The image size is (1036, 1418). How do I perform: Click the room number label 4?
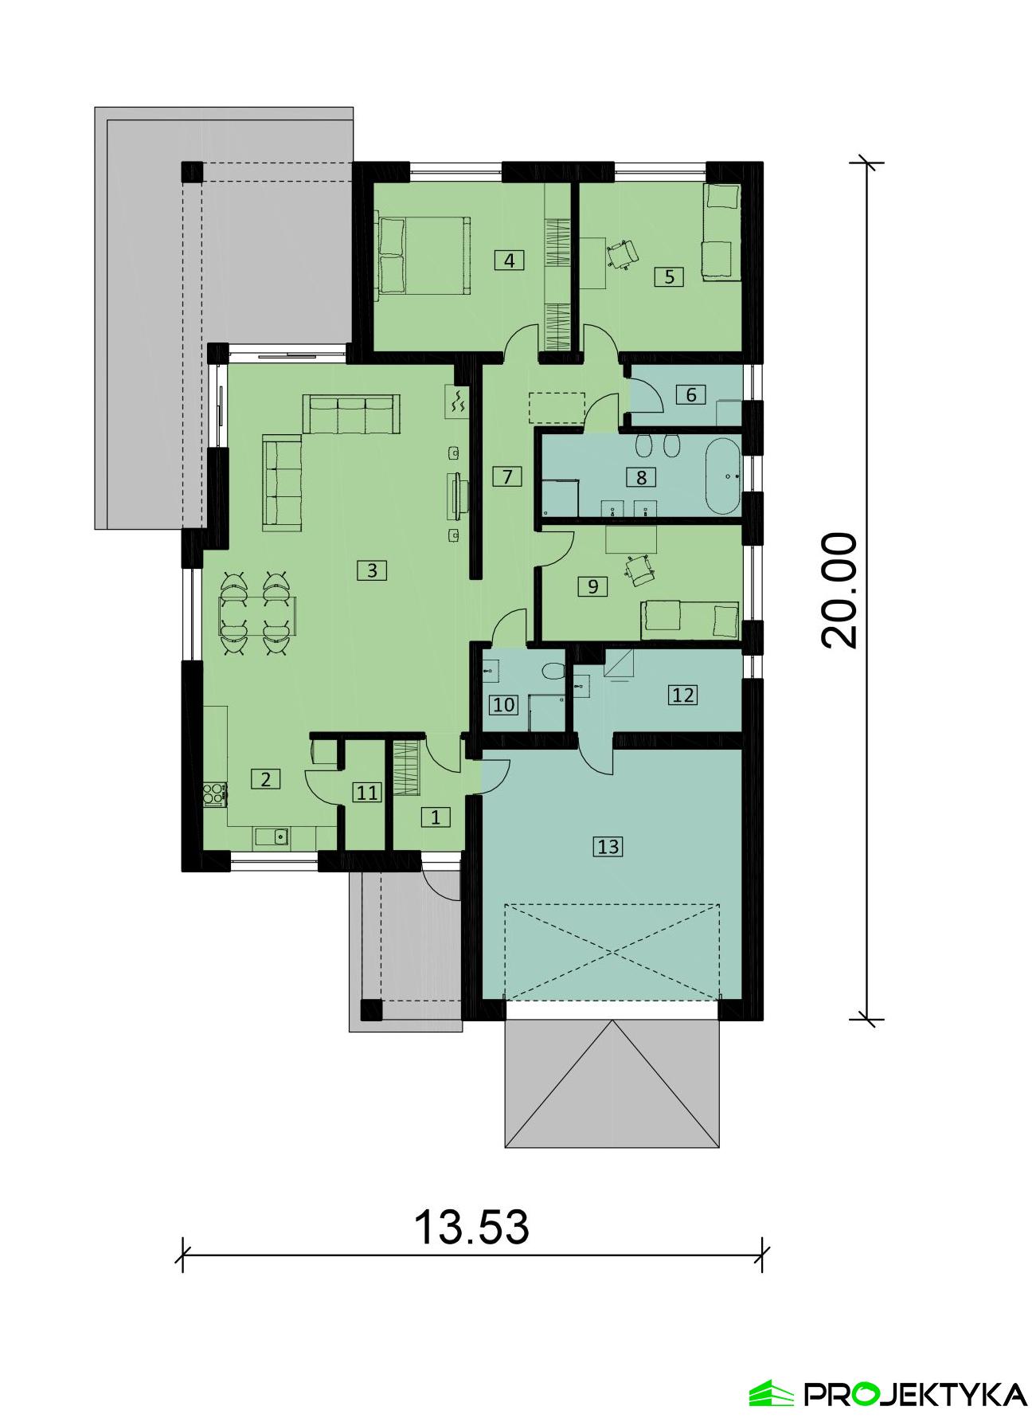[510, 260]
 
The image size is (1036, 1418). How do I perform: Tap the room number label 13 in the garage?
[608, 846]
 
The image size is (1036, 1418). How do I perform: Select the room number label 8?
[642, 477]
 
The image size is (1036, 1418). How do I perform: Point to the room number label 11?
[367, 793]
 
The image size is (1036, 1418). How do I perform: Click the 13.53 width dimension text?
[471, 1227]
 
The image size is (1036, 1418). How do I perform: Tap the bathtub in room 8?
[722, 476]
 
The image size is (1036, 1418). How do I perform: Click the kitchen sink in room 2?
[271, 837]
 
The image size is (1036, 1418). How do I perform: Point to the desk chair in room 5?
[623, 253]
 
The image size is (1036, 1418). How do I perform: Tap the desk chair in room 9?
[640, 567]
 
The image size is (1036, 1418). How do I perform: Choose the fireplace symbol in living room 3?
[459, 401]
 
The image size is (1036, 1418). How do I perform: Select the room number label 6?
[691, 394]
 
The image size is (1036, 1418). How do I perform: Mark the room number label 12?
[683, 695]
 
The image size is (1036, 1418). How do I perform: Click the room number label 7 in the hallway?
[506, 476]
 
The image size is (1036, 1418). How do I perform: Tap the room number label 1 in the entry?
[435, 817]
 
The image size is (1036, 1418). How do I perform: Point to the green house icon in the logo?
[772, 1393]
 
